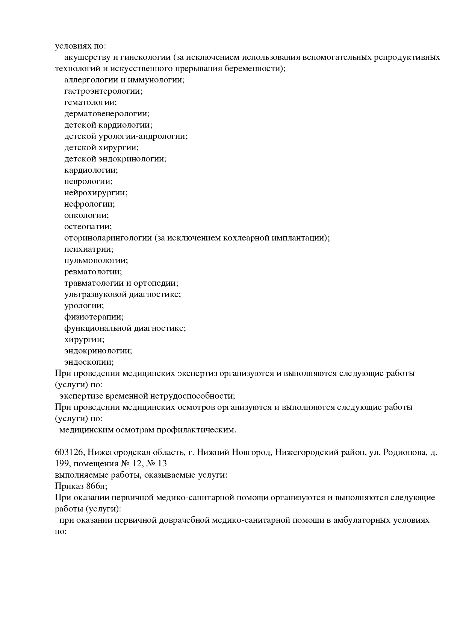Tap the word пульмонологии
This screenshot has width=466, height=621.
(x=96, y=261)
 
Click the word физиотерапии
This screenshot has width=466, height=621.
(x=94, y=317)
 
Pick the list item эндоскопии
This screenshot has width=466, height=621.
(x=89, y=362)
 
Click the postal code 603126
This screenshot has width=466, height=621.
(x=69, y=452)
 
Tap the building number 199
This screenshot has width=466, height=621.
(x=61, y=463)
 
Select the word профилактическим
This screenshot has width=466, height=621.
(x=196, y=430)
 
